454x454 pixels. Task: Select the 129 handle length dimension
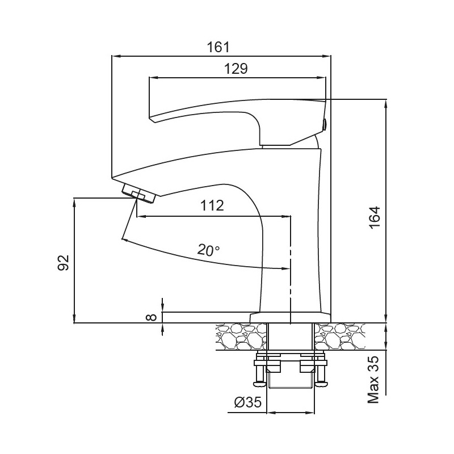[x=236, y=69]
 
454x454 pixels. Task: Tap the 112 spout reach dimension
[x=212, y=205]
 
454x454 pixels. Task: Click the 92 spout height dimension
[x=64, y=262]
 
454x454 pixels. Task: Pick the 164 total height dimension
[x=375, y=217]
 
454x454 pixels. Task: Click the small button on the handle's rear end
[x=325, y=124]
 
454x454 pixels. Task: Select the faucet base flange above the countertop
[x=290, y=317]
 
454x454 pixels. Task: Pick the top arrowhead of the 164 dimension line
[x=386, y=102]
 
